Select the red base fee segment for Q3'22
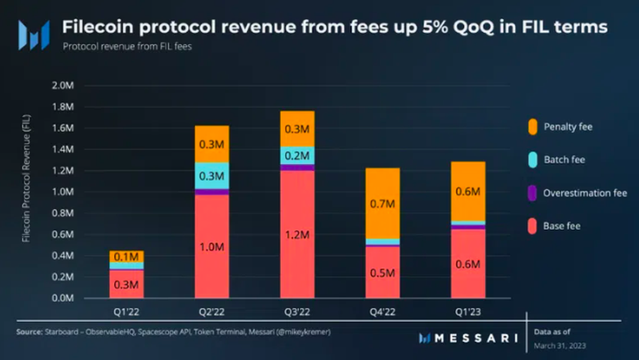(297, 234)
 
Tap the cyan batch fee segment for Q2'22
(211, 176)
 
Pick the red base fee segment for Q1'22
(126, 284)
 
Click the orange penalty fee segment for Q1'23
(468, 191)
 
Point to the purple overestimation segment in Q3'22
(297, 168)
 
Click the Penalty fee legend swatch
(532, 126)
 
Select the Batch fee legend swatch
(532, 159)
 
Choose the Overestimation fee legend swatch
(532, 192)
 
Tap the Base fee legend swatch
(532, 225)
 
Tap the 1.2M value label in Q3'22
(297, 236)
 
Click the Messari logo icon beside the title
(34, 35)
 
